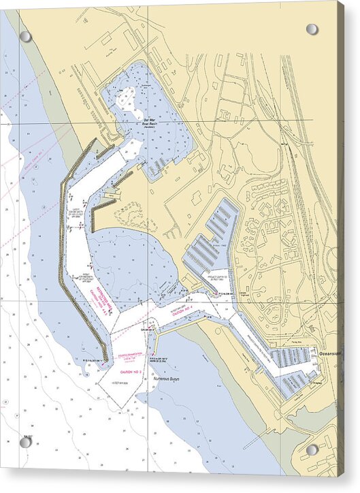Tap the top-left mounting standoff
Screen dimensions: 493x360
click(25, 36)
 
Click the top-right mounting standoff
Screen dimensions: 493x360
click(312, 29)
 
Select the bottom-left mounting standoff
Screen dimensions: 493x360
click(25, 442)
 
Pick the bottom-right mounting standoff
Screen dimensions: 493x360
click(312, 449)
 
